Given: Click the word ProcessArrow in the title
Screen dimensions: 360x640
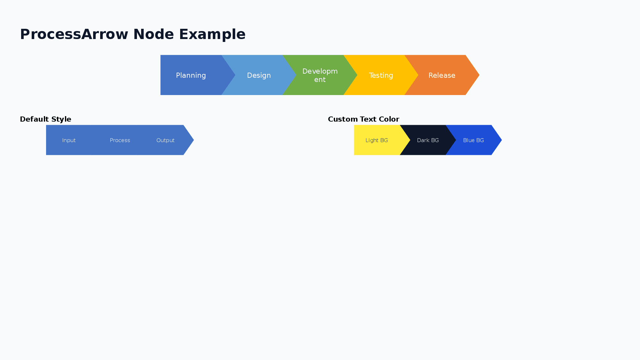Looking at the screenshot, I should tap(74, 34).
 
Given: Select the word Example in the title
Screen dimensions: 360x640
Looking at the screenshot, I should tap(212, 34).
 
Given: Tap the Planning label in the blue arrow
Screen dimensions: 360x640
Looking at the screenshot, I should tap(191, 76).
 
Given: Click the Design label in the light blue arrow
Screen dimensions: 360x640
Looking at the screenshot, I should tap(259, 76).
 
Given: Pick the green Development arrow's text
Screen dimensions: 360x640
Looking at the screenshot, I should tap(320, 76).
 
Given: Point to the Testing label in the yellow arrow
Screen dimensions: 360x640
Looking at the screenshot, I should tap(381, 76).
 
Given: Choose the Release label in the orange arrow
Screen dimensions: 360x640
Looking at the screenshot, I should tap(442, 76).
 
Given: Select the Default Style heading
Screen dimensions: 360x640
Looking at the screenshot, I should tap(45, 119).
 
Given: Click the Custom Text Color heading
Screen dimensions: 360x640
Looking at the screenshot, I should tap(364, 119).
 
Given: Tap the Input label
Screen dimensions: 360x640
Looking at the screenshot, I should tap(69, 140).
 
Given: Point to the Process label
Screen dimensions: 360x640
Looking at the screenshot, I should tap(120, 140).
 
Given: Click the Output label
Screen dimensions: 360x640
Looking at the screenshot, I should tap(165, 140).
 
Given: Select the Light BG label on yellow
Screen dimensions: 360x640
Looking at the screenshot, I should tap(377, 140).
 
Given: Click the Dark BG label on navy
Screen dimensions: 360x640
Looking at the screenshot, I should tap(428, 140).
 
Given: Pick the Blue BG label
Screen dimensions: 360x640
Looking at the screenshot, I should tap(473, 140).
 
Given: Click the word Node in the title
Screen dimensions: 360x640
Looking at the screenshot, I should tap(153, 34).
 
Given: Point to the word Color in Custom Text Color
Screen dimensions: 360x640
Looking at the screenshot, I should tap(389, 119).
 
